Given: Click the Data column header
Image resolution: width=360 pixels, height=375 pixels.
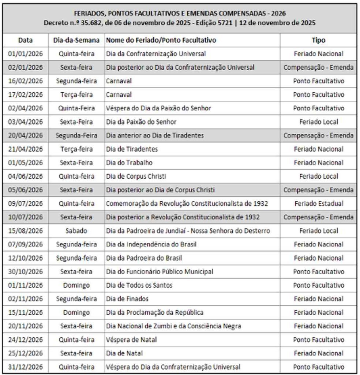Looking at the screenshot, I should pos(25,40).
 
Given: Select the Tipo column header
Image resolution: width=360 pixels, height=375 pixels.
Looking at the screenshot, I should pos(318,40).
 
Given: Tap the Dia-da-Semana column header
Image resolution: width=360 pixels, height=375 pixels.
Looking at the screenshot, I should pos(76,40).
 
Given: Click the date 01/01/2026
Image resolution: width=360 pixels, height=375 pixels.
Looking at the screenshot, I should pos(25,54).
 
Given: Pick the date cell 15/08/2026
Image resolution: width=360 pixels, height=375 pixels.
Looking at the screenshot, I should pos(25,231).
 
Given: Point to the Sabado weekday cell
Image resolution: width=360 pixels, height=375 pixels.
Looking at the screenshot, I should pos(76,231).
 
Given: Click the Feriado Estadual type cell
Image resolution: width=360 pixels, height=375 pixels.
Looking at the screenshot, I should pos(318,204).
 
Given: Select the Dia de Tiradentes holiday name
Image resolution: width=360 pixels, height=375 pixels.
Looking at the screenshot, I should pos(132,149).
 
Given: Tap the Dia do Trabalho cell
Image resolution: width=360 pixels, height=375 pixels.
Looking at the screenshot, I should pos(129,163).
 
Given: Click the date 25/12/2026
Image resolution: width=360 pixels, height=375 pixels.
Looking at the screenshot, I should pos(25,353).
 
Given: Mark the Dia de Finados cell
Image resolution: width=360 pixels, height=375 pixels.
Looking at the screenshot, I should pos(127,299).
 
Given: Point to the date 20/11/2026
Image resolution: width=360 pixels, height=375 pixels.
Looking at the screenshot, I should pos(25,326).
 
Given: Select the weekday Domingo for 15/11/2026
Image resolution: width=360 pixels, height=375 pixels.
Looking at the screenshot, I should pos(76,312).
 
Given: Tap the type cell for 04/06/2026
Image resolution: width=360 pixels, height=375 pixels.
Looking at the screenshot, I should pos(318,176).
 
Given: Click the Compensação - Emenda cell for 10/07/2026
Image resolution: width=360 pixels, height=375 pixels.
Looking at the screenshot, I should pos(318,217).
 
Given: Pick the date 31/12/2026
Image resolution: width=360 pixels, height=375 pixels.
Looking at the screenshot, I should pos(25,367).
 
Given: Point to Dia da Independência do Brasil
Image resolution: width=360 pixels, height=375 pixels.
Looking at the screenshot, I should pos(151,244).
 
